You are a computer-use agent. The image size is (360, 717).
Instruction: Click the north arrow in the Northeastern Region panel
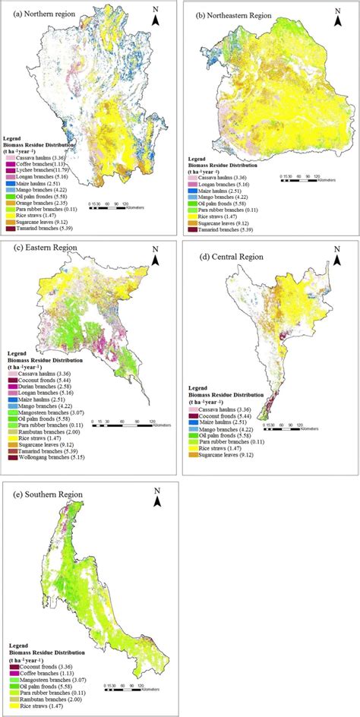click(x=335, y=14)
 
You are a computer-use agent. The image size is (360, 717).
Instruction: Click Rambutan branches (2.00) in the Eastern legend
click(x=43, y=431)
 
